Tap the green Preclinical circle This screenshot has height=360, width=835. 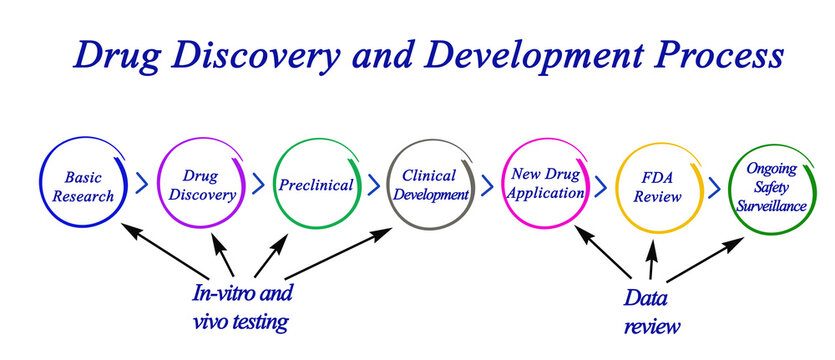316,185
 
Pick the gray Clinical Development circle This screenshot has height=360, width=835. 431,185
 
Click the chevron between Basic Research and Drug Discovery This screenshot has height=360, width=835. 141,185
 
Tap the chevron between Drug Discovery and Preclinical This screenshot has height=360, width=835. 258,185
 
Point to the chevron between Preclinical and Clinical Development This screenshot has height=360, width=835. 374,185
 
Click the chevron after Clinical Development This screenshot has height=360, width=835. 488,185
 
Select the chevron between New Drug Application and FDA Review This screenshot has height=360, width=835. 602,186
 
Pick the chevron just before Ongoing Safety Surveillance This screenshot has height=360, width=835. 715,187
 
